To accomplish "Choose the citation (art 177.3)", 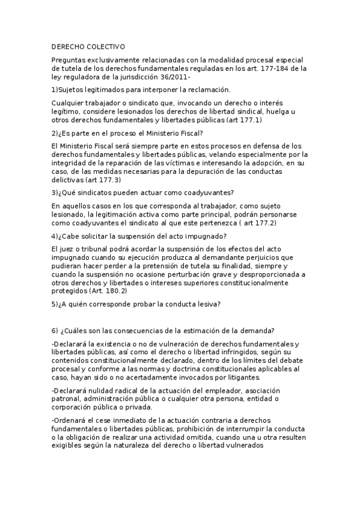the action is click(x=103, y=179).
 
